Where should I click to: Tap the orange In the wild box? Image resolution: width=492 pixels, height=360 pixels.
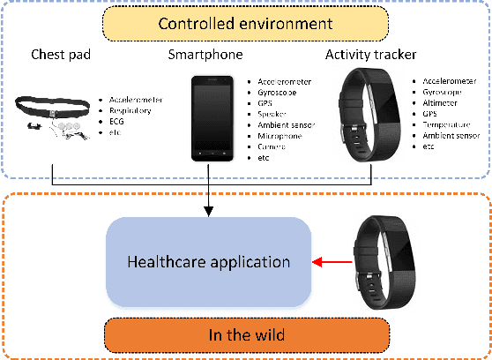(246, 334)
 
